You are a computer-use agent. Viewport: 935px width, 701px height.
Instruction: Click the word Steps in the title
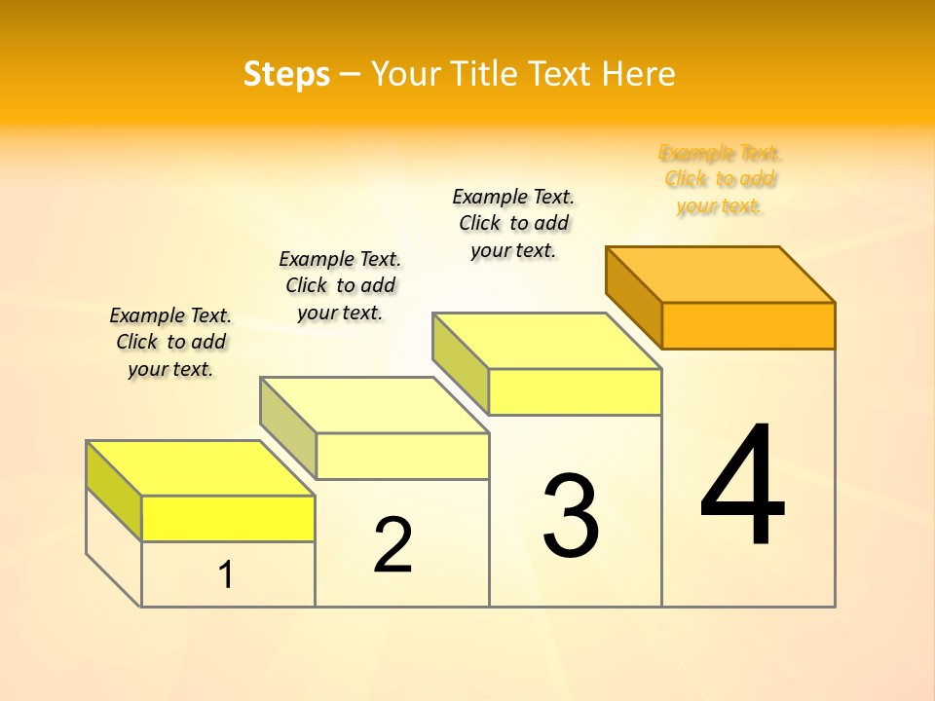286,74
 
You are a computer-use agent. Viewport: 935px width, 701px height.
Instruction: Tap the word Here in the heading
638,74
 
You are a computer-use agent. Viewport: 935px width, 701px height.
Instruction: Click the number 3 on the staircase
571,516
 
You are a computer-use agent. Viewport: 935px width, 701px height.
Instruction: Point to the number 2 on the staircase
393,545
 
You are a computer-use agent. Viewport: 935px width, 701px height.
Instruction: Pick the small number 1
226,575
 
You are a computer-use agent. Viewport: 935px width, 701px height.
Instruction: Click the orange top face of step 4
721,274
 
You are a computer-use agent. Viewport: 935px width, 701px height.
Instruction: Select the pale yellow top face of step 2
374,405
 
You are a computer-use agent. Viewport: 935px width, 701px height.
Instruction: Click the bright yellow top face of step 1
201,468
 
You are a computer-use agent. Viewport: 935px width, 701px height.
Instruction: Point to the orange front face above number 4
748,325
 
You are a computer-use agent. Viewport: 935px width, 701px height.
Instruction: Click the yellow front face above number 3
575,391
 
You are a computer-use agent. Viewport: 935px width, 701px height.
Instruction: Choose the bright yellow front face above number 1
228,518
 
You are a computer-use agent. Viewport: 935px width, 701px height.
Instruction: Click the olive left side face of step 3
460,362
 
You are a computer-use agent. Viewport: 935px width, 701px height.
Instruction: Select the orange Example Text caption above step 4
720,179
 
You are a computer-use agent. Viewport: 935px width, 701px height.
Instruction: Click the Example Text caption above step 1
170,342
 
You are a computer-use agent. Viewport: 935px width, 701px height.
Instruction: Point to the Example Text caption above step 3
513,223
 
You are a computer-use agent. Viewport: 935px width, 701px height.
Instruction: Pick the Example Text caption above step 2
340,285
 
